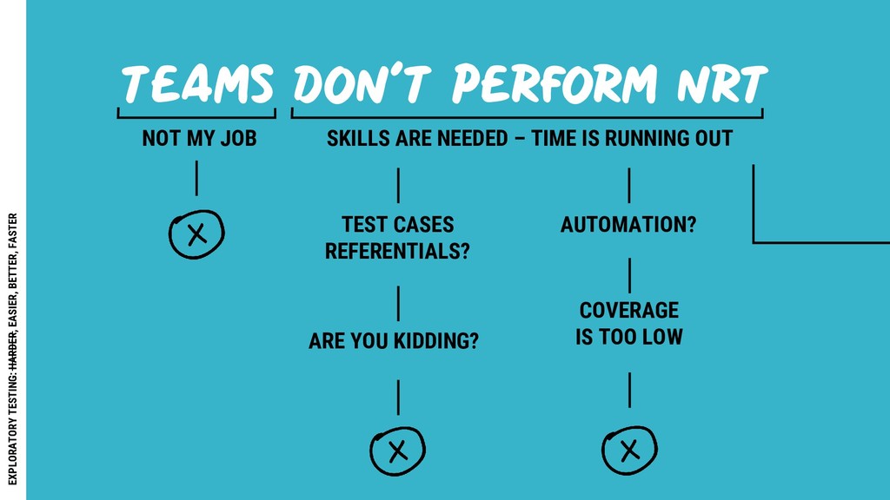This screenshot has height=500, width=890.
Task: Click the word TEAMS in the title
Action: click(197, 85)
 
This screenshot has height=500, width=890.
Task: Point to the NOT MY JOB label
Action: click(199, 139)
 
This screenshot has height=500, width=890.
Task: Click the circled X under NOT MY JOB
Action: click(196, 234)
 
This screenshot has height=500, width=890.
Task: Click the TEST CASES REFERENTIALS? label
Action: click(398, 238)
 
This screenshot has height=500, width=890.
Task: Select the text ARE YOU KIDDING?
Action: click(394, 341)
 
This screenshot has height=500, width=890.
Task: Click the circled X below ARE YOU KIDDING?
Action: click(397, 451)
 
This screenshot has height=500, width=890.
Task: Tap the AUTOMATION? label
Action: click(628, 225)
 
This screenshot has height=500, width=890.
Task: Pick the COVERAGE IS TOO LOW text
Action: click(629, 323)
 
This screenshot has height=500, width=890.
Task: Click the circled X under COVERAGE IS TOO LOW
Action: click(629, 450)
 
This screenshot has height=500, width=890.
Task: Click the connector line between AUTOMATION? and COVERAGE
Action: click(629, 275)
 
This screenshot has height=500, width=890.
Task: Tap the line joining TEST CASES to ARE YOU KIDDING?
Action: click(398, 303)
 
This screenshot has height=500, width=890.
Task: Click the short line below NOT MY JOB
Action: click(196, 180)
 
